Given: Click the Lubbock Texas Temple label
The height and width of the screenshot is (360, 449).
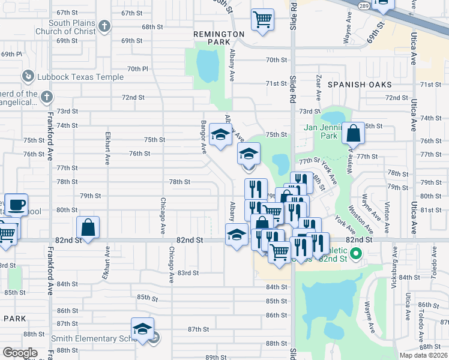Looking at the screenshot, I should [x=80, y=77].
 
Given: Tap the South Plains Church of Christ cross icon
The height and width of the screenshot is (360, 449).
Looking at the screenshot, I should [x=104, y=26].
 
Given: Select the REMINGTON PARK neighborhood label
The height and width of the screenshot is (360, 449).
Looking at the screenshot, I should [x=218, y=39].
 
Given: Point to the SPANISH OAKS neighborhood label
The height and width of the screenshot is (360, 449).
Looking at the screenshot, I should [x=360, y=85].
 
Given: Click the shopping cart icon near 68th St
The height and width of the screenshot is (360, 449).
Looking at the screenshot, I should [x=263, y=20].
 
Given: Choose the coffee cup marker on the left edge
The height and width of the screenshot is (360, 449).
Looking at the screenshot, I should [x=16, y=205].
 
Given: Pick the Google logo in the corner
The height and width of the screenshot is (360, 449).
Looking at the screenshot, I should [x=20, y=353].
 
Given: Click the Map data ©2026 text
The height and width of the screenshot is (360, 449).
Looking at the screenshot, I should [x=423, y=355].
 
